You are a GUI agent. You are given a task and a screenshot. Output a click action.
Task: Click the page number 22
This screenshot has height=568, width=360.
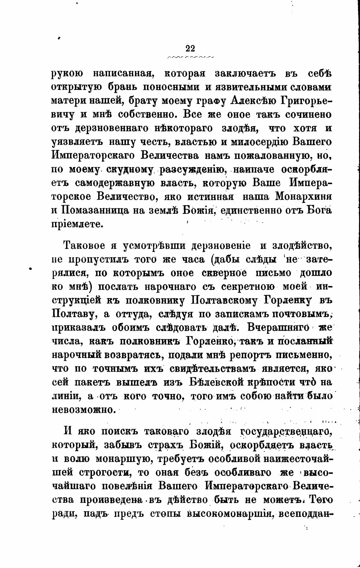tap(191, 48)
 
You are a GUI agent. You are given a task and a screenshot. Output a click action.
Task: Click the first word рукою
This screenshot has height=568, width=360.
tap(67, 74)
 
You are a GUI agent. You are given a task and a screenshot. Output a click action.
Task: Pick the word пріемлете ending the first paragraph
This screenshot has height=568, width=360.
tap(77, 224)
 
